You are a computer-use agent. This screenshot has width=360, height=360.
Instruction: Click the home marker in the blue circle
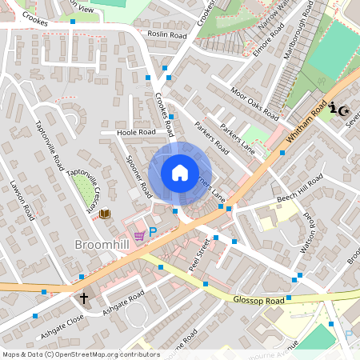[180, 171]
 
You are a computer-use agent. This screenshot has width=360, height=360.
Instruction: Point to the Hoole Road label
[135, 132]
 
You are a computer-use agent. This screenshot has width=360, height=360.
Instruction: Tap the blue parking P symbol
[153, 232]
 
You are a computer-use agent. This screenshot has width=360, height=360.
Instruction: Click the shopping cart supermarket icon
[139, 235]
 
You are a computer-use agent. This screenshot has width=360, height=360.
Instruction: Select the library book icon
[104, 214]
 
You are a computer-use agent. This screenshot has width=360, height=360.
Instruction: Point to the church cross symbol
[84, 299]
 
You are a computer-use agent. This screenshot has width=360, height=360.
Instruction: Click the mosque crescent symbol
[346, 110]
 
